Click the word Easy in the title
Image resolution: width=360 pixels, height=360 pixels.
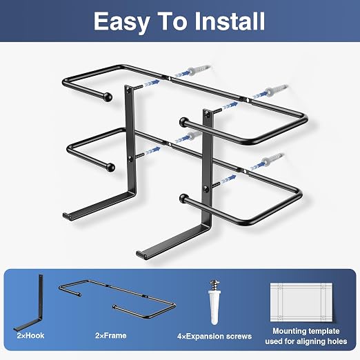[x=121, y=21]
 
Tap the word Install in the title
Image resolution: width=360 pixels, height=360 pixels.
[x=230, y=21]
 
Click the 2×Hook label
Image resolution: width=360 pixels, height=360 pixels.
[x=30, y=335]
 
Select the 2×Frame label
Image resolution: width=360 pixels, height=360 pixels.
[x=111, y=335]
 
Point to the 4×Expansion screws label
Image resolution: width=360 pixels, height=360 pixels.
[x=214, y=336]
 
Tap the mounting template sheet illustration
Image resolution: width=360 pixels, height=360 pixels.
[x=301, y=302]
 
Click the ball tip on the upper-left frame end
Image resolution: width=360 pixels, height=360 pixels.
[x=108, y=97]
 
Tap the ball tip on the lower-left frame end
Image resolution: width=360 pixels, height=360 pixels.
[x=110, y=167]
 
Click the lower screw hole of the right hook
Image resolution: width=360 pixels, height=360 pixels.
[x=206, y=189]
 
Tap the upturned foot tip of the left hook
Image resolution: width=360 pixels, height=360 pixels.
[x=66, y=216]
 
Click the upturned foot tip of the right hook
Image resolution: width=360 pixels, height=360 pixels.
[x=139, y=254]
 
